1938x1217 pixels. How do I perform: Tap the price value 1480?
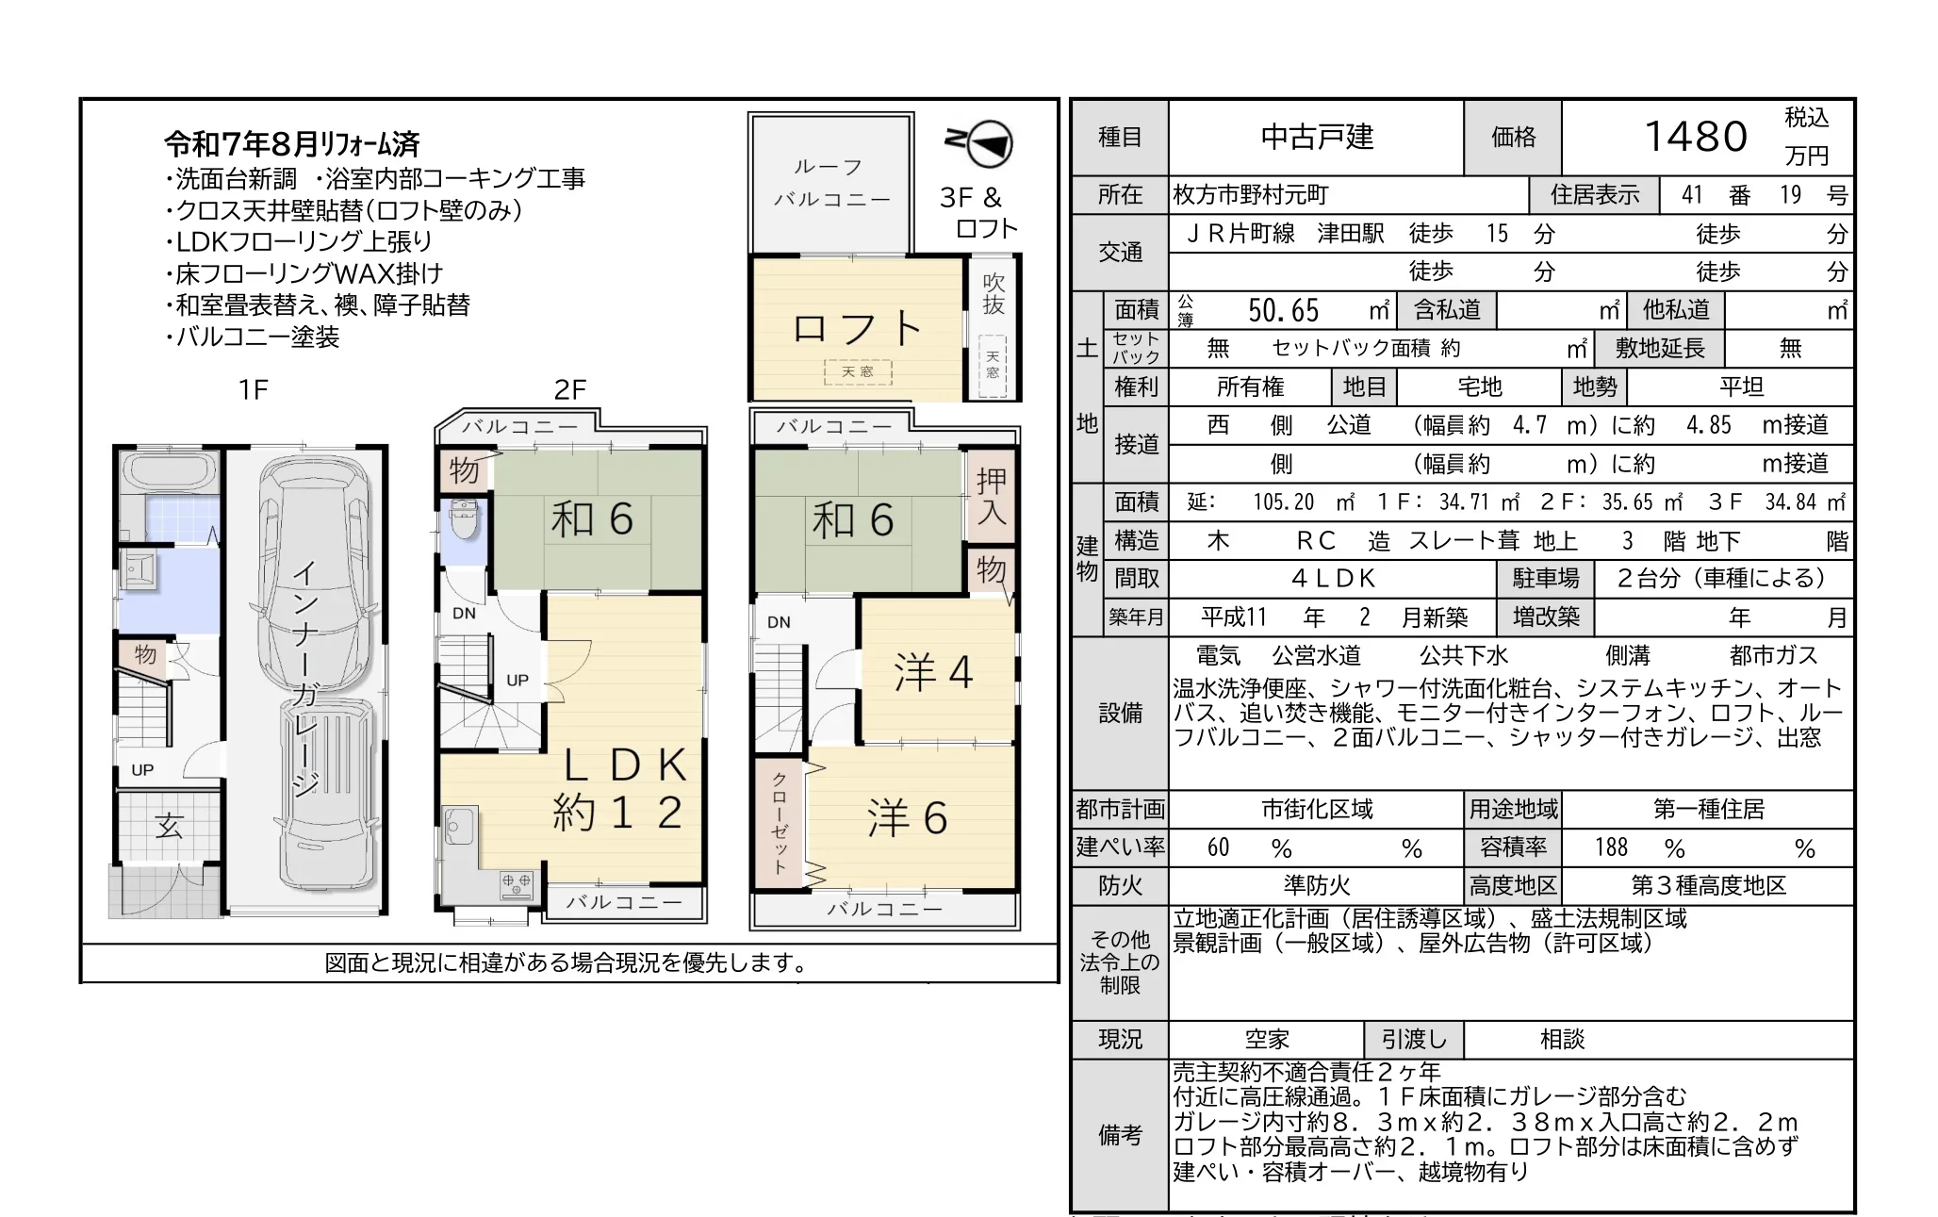click(1696, 137)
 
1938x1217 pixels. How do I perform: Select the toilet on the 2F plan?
click(464, 521)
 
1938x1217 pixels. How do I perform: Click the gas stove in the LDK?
click(517, 884)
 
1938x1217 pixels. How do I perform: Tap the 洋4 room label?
click(933, 672)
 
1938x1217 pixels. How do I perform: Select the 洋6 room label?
click(907, 817)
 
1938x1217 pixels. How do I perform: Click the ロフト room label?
click(857, 328)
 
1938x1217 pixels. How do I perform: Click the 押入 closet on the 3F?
click(992, 496)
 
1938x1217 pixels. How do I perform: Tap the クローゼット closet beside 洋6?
click(780, 823)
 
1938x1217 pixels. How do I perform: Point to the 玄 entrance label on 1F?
click(170, 826)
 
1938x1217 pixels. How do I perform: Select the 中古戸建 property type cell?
click(1317, 138)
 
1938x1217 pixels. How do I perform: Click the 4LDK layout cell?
click(1333, 578)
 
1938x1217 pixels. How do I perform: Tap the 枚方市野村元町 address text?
click(1250, 195)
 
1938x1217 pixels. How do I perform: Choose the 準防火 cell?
click(1316, 886)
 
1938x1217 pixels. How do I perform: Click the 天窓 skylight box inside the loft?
click(858, 372)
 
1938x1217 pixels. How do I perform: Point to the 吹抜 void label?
click(994, 294)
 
